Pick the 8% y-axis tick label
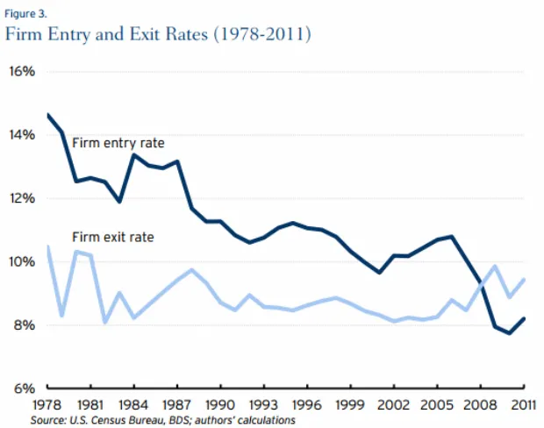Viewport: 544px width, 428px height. tap(22, 325)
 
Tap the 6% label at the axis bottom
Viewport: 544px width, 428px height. tap(22, 389)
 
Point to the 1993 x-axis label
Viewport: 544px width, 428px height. tap(263, 406)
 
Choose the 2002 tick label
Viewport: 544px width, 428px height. tap(394, 406)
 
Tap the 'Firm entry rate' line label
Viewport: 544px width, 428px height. tap(118, 143)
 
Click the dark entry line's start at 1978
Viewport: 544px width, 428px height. tap(47, 115)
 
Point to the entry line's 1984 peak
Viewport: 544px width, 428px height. tap(133, 155)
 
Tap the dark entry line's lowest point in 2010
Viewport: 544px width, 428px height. tap(510, 332)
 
